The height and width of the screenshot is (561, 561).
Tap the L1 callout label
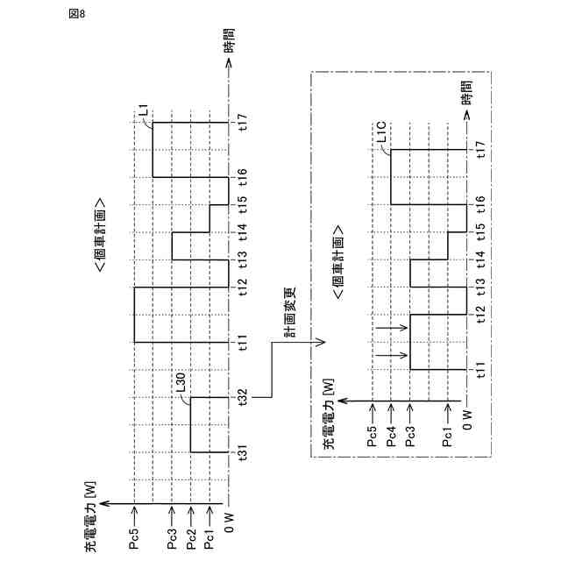tap(146, 112)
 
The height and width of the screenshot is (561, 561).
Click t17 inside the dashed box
tap(480, 150)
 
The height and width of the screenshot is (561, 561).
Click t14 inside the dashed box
tap(480, 259)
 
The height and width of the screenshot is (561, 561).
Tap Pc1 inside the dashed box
tap(448, 437)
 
